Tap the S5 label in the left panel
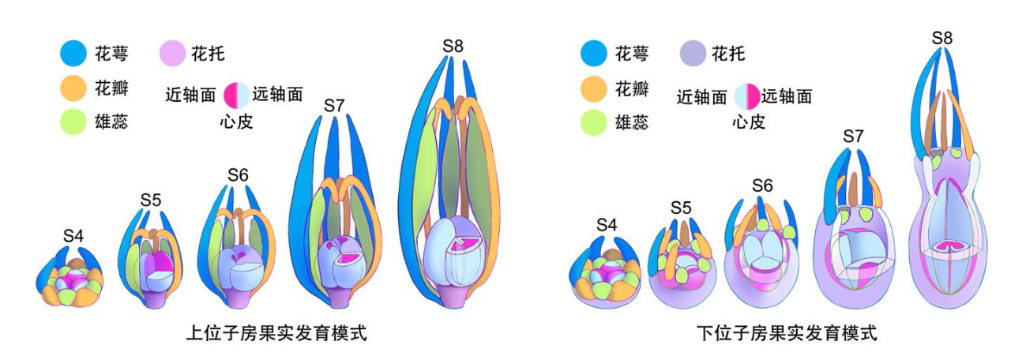point(151,200)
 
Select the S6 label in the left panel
point(238,174)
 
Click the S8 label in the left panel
point(453,46)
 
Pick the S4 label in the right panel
point(606,225)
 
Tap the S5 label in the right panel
point(680,208)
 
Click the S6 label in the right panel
point(762,186)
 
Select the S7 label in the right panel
point(853,136)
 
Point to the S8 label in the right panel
point(941,38)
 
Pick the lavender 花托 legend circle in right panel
point(692,54)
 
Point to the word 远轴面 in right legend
point(787,96)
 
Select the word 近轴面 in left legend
point(190,96)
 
